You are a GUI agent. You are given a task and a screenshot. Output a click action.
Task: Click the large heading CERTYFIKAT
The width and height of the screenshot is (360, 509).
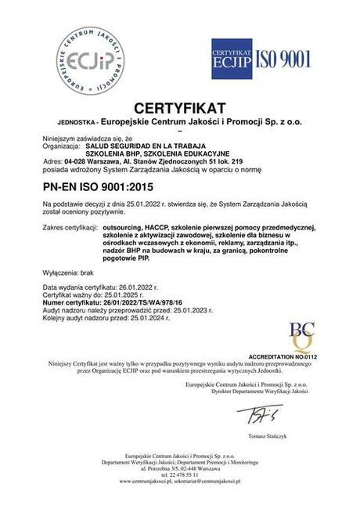(x=179, y=107)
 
